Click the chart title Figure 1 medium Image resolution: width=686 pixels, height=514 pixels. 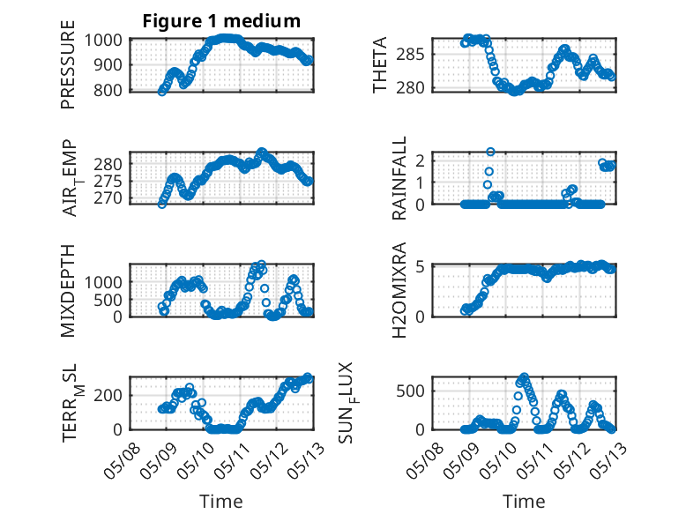pyautogui.click(x=221, y=21)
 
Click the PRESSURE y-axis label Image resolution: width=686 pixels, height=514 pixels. pyautogui.click(x=68, y=64)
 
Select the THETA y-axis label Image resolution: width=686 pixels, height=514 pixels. pyautogui.click(x=380, y=64)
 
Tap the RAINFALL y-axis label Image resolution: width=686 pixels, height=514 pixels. pyautogui.click(x=399, y=178)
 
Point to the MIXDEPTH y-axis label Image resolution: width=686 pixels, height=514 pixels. pyautogui.click(x=68, y=290)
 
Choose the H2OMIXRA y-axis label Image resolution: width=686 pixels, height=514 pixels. pyautogui.click(x=399, y=290)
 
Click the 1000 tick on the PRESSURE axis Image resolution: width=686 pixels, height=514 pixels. pyautogui.click(x=103, y=41)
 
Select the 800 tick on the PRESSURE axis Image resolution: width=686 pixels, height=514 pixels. pyautogui.click(x=108, y=91)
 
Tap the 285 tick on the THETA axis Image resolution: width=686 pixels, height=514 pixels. pyautogui.click(x=410, y=55)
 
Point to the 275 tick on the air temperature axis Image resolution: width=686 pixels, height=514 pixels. pyautogui.click(x=108, y=181)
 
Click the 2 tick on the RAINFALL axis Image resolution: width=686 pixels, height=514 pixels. pyautogui.click(x=420, y=161)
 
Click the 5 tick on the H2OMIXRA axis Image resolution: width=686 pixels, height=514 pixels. pyautogui.click(x=420, y=266)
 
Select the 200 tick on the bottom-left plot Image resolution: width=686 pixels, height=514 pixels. pyautogui.click(x=108, y=396)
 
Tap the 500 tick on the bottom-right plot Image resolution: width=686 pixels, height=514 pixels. pyautogui.click(x=410, y=391)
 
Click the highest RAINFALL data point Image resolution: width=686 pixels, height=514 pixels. pyautogui.click(x=490, y=152)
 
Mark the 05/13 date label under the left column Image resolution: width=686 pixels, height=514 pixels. pyautogui.click(x=306, y=460)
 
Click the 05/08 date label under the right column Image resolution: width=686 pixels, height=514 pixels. pyautogui.click(x=424, y=460)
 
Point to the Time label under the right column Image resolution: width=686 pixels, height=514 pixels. pyautogui.click(x=524, y=501)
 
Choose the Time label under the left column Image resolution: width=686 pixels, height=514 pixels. pyautogui.click(x=221, y=501)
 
